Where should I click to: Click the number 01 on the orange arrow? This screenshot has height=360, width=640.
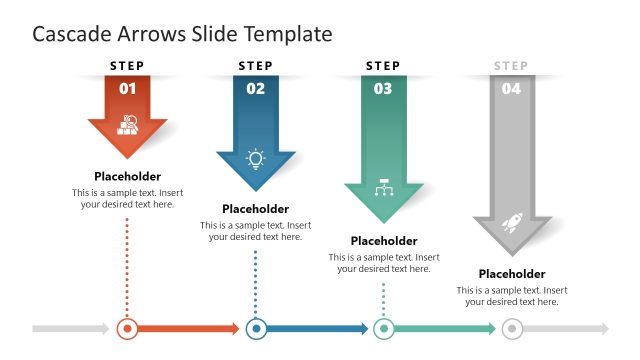(x=128, y=89)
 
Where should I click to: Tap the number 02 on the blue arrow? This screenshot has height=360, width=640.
(x=256, y=89)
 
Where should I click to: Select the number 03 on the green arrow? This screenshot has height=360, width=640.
(x=383, y=89)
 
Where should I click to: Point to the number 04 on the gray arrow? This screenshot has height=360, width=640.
(x=511, y=89)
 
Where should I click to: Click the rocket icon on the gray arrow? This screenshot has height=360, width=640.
(x=511, y=223)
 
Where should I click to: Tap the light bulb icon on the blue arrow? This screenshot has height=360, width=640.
(x=256, y=158)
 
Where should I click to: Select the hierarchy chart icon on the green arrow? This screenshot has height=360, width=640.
(x=383, y=189)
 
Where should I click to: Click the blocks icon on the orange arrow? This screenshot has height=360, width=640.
(x=128, y=125)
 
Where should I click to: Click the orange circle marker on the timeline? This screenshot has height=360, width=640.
(x=127, y=328)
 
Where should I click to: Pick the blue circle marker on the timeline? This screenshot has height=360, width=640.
(x=256, y=328)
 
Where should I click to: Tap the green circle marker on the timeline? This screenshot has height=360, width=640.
(x=383, y=328)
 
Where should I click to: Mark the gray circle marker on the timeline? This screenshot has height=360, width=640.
(x=511, y=328)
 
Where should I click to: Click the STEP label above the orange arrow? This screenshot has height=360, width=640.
(x=128, y=66)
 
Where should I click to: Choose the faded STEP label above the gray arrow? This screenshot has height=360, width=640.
(x=511, y=66)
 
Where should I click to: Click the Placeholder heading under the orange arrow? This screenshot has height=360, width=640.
(x=128, y=176)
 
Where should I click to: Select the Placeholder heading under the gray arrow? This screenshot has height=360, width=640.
(x=511, y=274)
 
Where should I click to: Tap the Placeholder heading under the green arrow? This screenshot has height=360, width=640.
(x=384, y=241)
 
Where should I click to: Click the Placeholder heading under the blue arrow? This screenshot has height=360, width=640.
(x=256, y=209)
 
